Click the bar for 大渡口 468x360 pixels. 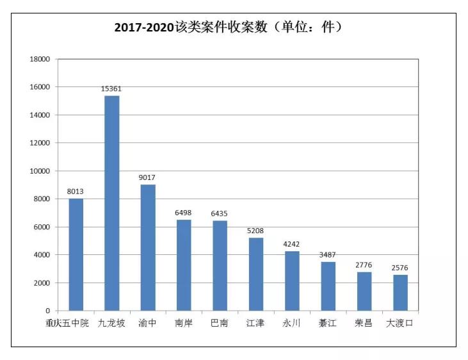tap(400, 293)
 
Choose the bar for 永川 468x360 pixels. tap(292, 281)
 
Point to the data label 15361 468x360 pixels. tap(111, 89)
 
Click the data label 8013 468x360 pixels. tap(76, 192)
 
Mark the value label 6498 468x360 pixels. tap(184, 213)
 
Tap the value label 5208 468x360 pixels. tap(255, 231)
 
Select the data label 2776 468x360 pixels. tap(364, 265)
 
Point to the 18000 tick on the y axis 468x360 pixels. tap(40, 59)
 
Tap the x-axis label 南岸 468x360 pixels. tap(184, 323)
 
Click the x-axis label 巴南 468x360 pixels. tap(220, 323)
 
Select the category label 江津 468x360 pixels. tap(255, 323)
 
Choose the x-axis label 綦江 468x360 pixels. tap(328, 323)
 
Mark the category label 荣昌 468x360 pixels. tap(364, 323)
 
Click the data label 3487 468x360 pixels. tap(328, 255)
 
